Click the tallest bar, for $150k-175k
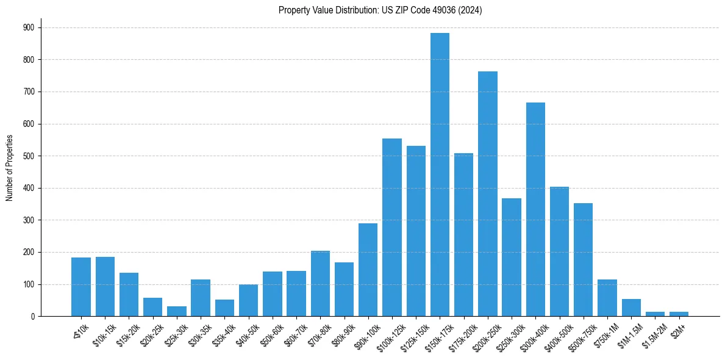coord(440,175)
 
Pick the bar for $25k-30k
coord(177,311)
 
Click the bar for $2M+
coord(679,314)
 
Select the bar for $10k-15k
coord(105,287)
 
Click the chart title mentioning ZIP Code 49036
coord(380,10)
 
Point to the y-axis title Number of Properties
coord(10,168)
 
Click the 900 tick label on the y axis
coord(29,27)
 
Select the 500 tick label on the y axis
coord(29,156)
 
